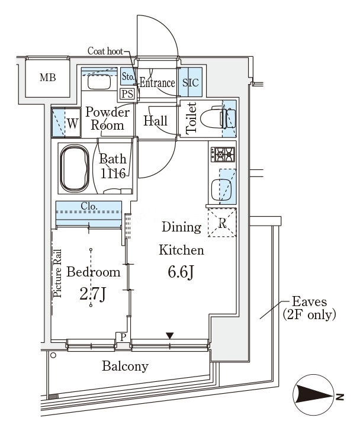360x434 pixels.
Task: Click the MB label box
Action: click(47, 77)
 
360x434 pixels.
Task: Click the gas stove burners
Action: click(223, 155)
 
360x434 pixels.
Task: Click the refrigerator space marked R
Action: click(221, 223)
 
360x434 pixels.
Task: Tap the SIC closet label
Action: click(191, 83)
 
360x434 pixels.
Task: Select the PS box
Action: click(127, 94)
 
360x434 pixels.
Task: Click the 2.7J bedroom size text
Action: click(93, 294)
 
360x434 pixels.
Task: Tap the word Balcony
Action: click(125, 366)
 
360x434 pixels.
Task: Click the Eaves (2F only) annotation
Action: click(309, 308)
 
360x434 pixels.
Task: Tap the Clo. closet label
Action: click(89, 207)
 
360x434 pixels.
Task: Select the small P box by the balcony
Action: click(123, 337)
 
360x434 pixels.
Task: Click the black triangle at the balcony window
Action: click(170, 336)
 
